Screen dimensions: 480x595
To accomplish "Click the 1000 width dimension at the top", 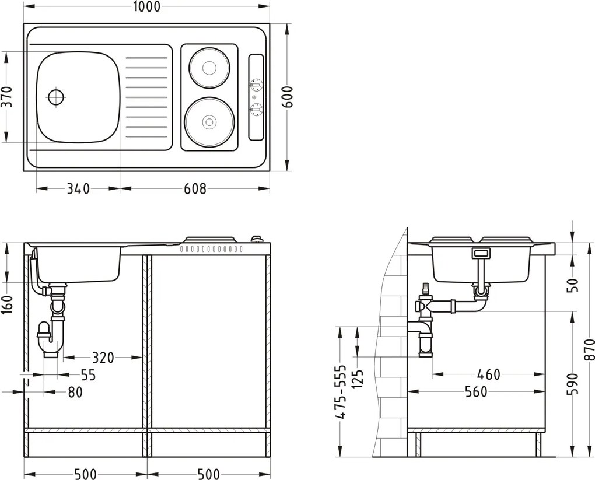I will pyautogui.click(x=145, y=6).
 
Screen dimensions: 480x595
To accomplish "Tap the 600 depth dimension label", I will pyautogui.click(x=287, y=97).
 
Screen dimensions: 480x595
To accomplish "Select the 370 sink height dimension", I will pyautogui.click(x=6, y=97).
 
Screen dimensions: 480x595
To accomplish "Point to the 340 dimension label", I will pyautogui.click(x=78, y=189).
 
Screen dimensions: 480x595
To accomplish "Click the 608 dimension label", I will pyautogui.click(x=195, y=189).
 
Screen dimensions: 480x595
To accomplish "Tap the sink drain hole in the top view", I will pyautogui.click(x=57, y=97).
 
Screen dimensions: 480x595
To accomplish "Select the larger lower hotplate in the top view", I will pyautogui.click(x=209, y=121).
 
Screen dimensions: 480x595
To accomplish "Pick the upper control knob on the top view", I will pyautogui.click(x=256, y=85).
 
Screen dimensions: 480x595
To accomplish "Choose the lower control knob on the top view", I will pyautogui.click(x=256, y=108).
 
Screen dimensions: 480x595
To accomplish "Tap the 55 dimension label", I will pyautogui.click(x=87, y=375).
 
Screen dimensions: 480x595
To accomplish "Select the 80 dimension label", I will pyautogui.click(x=75, y=393).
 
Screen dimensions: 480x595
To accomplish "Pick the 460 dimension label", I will pyautogui.click(x=488, y=374).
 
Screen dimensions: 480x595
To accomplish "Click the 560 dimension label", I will pyautogui.click(x=477, y=392).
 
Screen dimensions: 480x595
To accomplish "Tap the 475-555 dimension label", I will pyautogui.click(x=342, y=392).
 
